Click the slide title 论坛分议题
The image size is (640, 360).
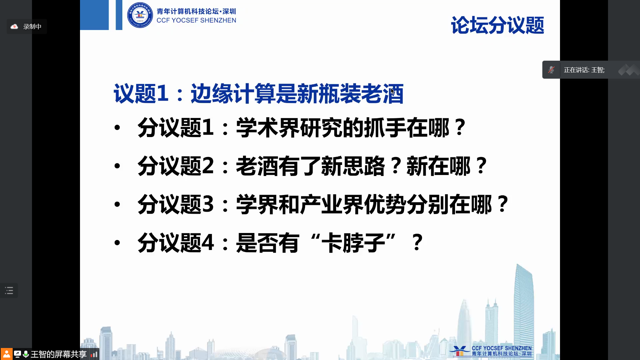click(x=497, y=25)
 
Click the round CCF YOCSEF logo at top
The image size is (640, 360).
click(x=140, y=15)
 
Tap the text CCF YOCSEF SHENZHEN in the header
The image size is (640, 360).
click(x=196, y=20)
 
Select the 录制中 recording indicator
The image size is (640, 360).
click(x=27, y=27)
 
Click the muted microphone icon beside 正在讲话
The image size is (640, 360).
click(x=551, y=70)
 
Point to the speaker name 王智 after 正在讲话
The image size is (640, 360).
click(x=597, y=70)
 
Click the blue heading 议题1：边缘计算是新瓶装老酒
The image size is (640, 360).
click(x=259, y=94)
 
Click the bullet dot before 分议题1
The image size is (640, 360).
click(x=117, y=127)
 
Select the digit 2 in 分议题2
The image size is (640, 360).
click(x=208, y=166)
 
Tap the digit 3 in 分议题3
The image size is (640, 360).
click(x=208, y=204)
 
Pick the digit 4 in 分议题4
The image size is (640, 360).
click(x=208, y=242)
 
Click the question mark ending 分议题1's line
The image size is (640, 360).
click(x=460, y=127)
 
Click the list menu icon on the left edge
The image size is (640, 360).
click(x=9, y=291)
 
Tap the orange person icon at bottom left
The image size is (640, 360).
click(x=6, y=354)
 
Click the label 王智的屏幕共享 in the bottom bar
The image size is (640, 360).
click(x=59, y=354)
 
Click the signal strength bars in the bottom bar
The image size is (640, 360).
click(x=94, y=354)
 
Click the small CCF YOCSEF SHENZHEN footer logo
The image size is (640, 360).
click(x=491, y=351)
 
